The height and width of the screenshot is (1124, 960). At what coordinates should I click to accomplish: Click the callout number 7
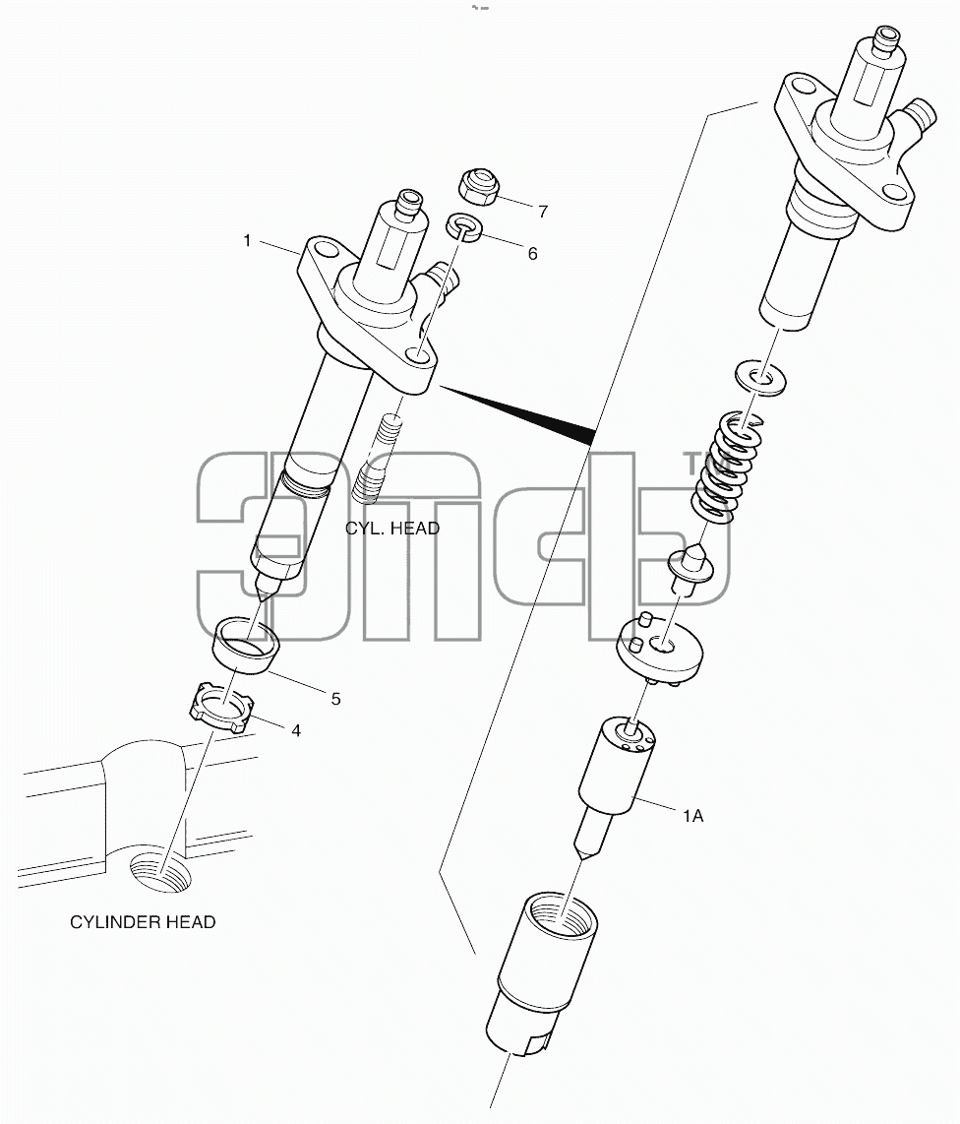pyautogui.click(x=542, y=212)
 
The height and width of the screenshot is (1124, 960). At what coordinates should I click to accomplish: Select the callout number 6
pyautogui.click(x=532, y=254)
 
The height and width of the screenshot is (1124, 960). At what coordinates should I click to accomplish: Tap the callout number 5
pyautogui.click(x=335, y=699)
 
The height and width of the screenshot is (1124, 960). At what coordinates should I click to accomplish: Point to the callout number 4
pyautogui.click(x=295, y=730)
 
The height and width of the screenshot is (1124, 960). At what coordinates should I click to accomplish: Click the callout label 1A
pyautogui.click(x=692, y=816)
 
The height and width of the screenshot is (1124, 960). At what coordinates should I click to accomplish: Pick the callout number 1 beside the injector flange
pyautogui.click(x=247, y=241)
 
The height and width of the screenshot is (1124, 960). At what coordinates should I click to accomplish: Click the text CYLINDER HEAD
pyautogui.click(x=143, y=922)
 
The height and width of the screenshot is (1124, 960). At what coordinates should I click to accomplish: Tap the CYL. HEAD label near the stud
pyautogui.click(x=391, y=529)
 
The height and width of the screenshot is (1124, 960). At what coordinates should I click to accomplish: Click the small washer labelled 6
pyautogui.click(x=464, y=227)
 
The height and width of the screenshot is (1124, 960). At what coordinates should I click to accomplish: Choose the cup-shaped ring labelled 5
pyautogui.click(x=247, y=645)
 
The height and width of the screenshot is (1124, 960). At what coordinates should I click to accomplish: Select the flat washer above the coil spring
pyautogui.click(x=761, y=377)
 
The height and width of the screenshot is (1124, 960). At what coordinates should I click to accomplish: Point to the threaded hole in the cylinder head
pyautogui.click(x=160, y=872)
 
